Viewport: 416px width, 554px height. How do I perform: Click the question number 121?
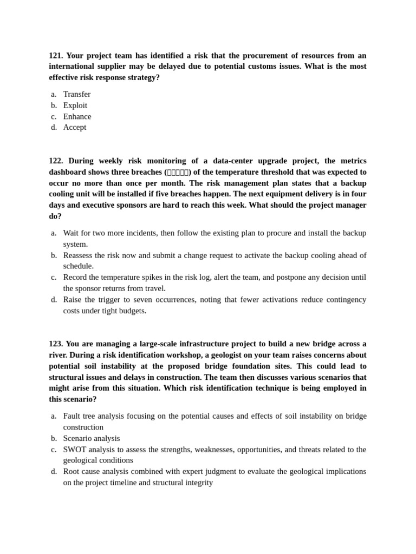tap(56, 55)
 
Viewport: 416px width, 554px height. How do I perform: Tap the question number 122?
tap(56, 161)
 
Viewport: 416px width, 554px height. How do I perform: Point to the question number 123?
tap(56, 344)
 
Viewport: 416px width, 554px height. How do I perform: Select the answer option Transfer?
tap(76, 94)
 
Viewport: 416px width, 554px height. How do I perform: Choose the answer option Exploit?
tap(75, 105)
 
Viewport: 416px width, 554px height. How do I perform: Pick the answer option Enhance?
tap(77, 116)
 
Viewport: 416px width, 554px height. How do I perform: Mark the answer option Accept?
tap(74, 127)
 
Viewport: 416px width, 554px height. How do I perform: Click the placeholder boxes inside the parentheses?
tap(178, 172)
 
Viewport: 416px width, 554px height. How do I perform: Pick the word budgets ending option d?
tap(133, 311)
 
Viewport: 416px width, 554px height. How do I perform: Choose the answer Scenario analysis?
tap(92, 438)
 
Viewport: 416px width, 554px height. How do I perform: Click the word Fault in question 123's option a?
tap(73, 416)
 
